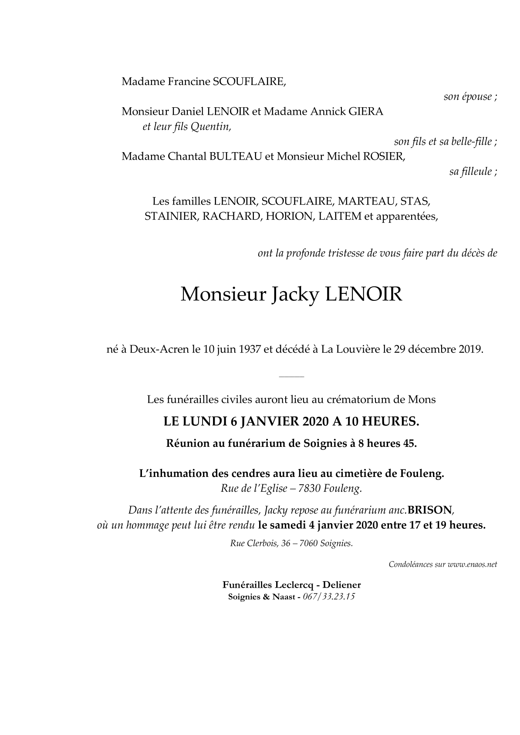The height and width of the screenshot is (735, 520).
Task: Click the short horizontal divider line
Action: click(291, 376)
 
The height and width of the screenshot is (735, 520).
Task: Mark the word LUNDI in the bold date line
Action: click(205, 422)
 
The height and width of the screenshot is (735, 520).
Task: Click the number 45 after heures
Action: click(409, 444)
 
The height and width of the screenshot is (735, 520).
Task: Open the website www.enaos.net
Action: click(472, 565)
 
